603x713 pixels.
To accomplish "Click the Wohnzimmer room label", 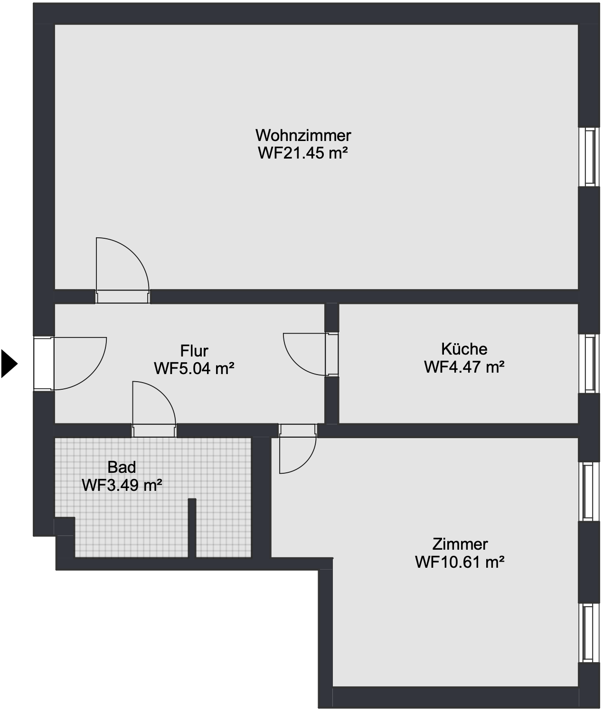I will pos(303,135).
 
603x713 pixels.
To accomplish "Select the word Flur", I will pos(194,351).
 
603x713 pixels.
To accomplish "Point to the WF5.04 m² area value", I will pos(194,368).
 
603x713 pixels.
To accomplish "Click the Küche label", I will pos(464,349).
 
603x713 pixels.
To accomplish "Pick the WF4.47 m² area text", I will pos(464,367).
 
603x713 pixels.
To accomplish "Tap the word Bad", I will pos(122,467).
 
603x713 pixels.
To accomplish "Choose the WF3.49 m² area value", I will pos(122,485).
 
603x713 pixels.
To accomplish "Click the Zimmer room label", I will pos(460,544).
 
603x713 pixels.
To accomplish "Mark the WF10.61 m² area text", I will pos(460,563).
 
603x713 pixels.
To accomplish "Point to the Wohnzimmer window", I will pos(590,157).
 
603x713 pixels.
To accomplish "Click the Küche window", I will pos(590,364).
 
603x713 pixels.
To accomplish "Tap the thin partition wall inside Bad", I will pos(192,527).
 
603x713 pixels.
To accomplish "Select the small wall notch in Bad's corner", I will pos(64,527).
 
